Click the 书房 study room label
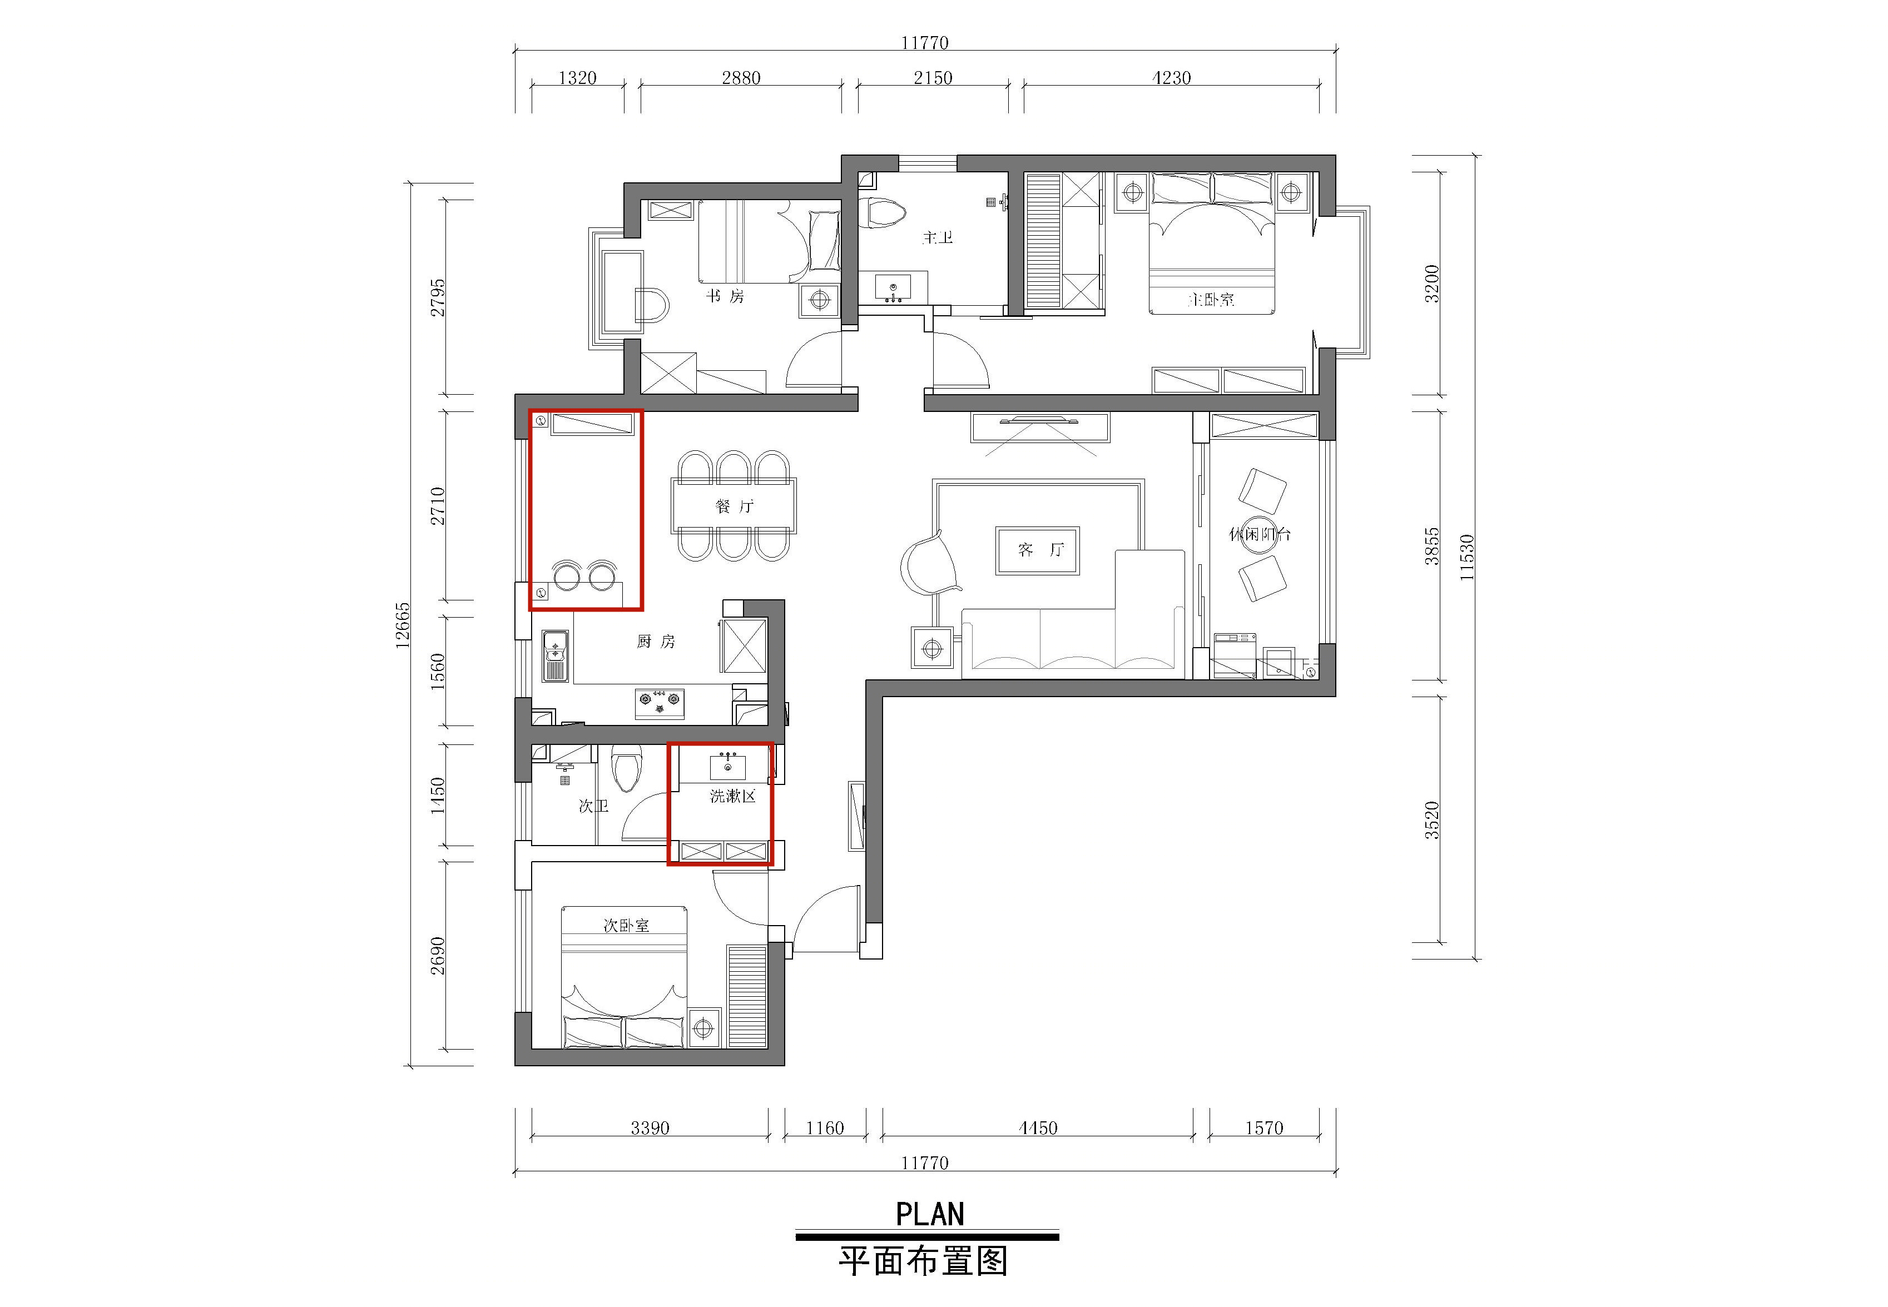coord(726,296)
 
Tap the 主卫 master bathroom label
coord(938,237)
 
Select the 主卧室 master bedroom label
coord(1211,300)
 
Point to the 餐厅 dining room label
coord(734,506)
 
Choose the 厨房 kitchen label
coord(656,641)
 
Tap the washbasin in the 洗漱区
coord(727,767)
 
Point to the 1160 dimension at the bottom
coord(825,1127)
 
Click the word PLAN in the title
coord(930,1214)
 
